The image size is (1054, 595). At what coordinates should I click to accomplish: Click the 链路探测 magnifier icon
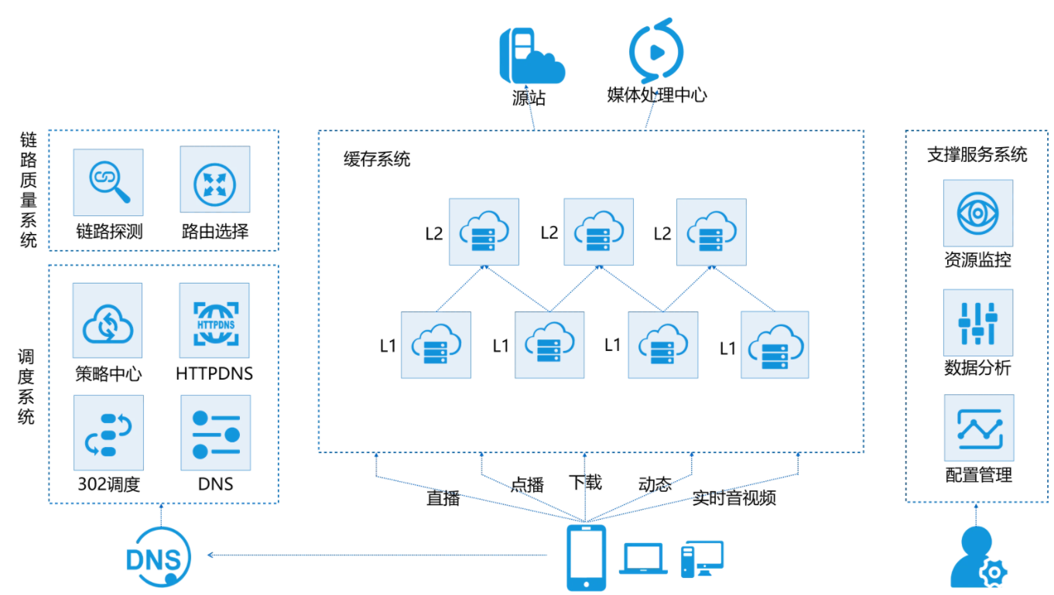[x=108, y=182]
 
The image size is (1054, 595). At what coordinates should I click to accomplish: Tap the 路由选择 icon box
[x=214, y=181]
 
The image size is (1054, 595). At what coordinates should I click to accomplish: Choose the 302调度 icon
[x=108, y=433]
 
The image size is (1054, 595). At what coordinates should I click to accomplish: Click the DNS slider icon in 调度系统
[x=215, y=433]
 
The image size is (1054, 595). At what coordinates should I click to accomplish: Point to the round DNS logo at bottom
[x=158, y=556]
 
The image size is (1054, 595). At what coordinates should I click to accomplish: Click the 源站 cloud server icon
[x=530, y=56]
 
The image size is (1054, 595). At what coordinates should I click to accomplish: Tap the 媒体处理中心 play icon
[x=656, y=52]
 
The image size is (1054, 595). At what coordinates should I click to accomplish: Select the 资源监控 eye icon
[x=977, y=213]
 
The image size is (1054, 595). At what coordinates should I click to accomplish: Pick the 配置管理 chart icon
[x=978, y=428]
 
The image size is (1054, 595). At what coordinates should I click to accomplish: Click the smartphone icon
[x=586, y=558]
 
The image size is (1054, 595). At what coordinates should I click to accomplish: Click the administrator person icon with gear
[x=977, y=558]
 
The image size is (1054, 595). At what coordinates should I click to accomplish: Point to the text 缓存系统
[x=377, y=160]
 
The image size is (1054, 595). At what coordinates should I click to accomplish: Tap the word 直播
[x=443, y=498]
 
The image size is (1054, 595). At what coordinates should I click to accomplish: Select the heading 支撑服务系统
[x=977, y=155]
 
